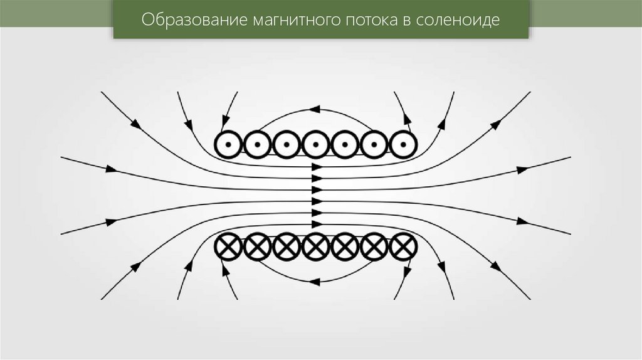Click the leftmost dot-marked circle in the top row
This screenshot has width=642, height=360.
point(228,145)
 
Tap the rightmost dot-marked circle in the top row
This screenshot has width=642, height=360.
point(403,145)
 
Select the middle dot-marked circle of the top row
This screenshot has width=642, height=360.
point(315,145)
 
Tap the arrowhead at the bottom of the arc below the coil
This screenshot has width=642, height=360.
point(315,283)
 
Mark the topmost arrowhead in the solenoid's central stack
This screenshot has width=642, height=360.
point(317,167)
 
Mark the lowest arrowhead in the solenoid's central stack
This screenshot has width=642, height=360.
point(317,224)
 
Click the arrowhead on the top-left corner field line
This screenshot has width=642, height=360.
point(135,124)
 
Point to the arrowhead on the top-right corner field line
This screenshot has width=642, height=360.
point(495,124)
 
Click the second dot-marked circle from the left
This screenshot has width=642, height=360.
point(257,145)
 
